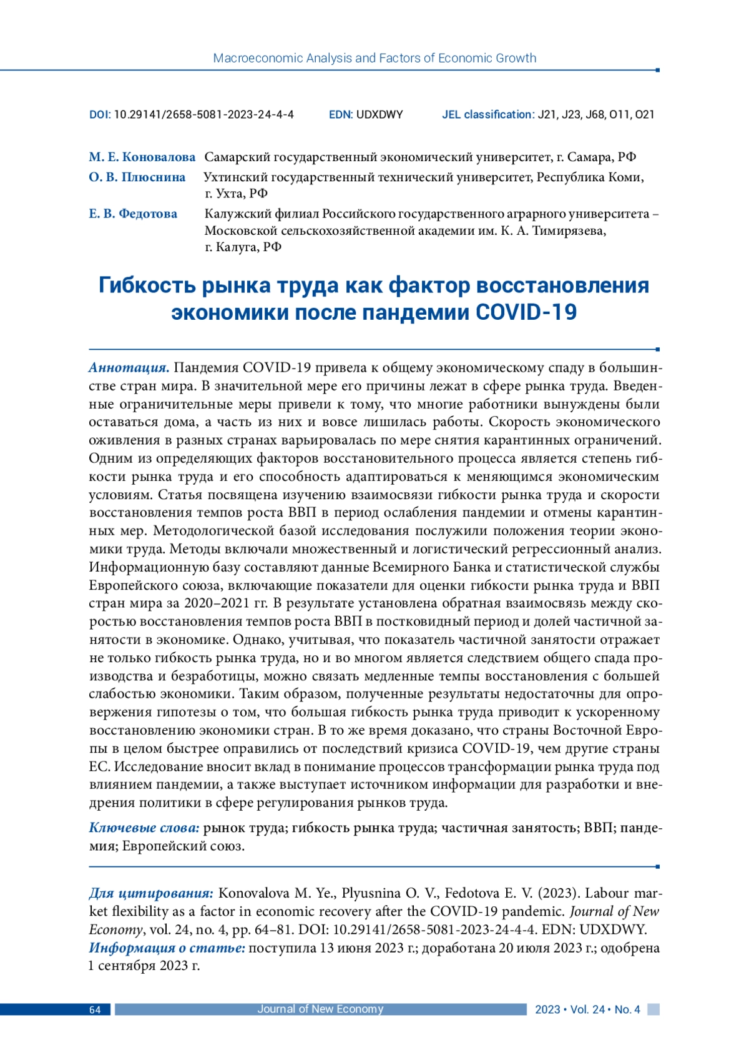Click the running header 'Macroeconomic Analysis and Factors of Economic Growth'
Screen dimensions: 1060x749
point(374,58)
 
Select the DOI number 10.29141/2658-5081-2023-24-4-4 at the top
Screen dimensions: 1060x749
point(203,114)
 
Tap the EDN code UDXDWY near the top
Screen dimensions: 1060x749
point(379,114)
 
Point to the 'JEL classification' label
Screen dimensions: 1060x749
point(487,114)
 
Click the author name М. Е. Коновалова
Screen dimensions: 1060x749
point(142,157)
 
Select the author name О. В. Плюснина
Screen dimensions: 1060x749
point(137,177)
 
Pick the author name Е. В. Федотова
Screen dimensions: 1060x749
point(132,214)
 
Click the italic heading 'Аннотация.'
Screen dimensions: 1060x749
point(129,367)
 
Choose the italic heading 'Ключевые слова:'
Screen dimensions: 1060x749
point(144,828)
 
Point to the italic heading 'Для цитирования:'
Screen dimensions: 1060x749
point(151,893)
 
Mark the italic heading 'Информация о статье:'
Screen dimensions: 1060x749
point(167,948)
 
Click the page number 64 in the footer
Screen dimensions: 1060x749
point(95,1009)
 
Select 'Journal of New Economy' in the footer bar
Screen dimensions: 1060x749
point(320,1009)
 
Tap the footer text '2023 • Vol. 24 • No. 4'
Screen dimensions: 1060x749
point(587,1009)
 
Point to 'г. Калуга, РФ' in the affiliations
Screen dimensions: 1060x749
point(243,247)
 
